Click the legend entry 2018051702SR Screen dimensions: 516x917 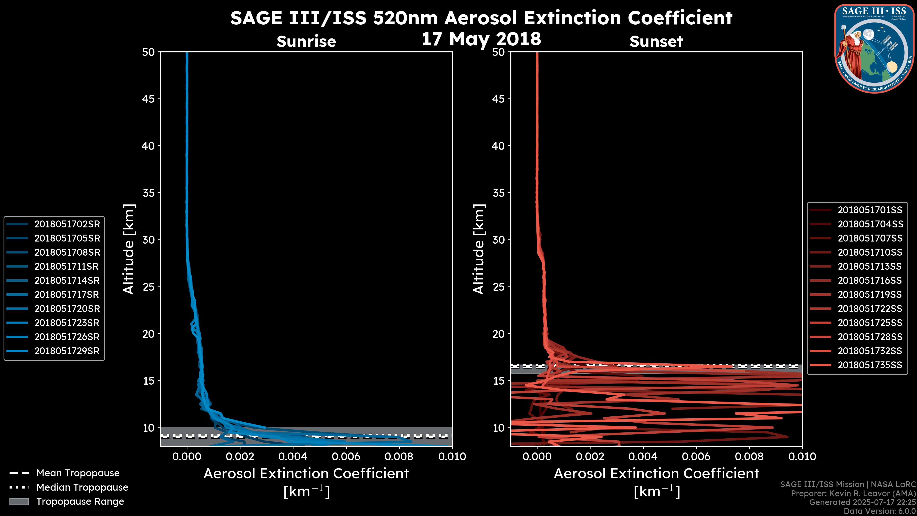pos(67,224)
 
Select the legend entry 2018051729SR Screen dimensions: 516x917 pos(67,351)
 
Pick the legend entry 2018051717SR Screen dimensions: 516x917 pos(67,295)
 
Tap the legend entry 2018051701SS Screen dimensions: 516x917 pos(870,210)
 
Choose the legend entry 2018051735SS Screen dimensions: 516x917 pos(870,365)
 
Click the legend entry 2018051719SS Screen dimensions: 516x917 pos(870,295)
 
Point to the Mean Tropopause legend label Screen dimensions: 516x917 pos(78,473)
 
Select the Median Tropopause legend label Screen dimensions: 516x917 pos(82,488)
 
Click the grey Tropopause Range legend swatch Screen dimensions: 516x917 pos(19,502)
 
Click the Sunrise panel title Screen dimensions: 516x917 pos(306,42)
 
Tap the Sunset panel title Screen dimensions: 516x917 pos(656,42)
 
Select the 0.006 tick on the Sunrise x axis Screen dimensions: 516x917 pos(346,457)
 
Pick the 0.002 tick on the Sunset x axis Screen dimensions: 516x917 pos(590,457)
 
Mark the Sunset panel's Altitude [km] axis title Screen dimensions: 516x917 pos(479,249)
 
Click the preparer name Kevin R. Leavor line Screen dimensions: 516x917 pos(853,494)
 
